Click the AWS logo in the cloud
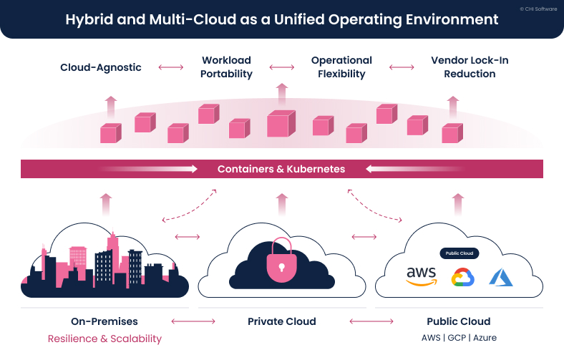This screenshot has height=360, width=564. tap(421, 276)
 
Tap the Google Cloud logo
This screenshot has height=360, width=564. tap(461, 278)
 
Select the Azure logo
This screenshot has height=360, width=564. tap(501, 277)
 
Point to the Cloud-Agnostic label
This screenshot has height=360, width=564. tap(101, 67)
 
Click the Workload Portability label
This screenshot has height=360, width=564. tap(226, 67)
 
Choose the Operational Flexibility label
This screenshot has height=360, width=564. tap(341, 67)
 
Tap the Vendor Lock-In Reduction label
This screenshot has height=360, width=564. tap(470, 67)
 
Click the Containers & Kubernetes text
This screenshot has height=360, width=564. tap(281, 170)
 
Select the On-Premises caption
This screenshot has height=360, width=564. tap(104, 321)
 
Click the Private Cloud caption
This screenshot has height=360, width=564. tap(281, 321)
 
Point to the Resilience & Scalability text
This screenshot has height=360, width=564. tap(104, 339)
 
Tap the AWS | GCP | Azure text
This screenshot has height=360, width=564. tap(459, 338)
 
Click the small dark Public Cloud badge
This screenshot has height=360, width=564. tap(459, 253)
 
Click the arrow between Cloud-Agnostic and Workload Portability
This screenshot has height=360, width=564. tap(170, 67)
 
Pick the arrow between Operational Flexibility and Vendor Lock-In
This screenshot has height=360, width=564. tap(402, 67)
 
